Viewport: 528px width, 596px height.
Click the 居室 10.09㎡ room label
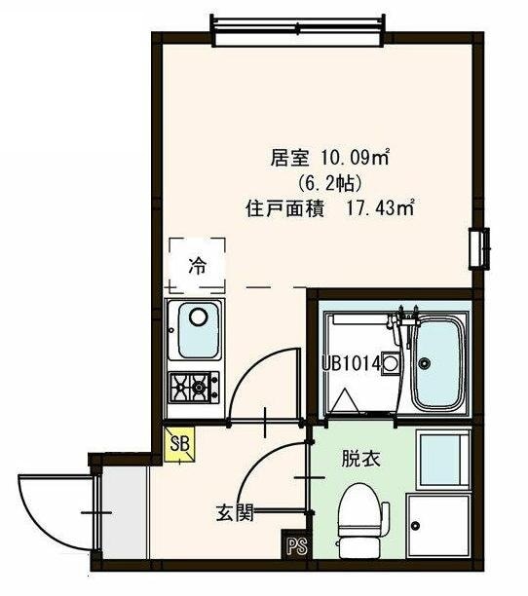tap(317, 156)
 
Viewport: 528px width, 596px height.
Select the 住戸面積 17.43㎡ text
tap(330, 207)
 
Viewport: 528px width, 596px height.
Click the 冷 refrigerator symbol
tap(196, 263)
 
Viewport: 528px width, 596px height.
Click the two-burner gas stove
tap(196, 388)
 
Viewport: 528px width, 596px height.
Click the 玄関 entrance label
tap(234, 510)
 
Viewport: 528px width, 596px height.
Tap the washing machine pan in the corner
tap(438, 526)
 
